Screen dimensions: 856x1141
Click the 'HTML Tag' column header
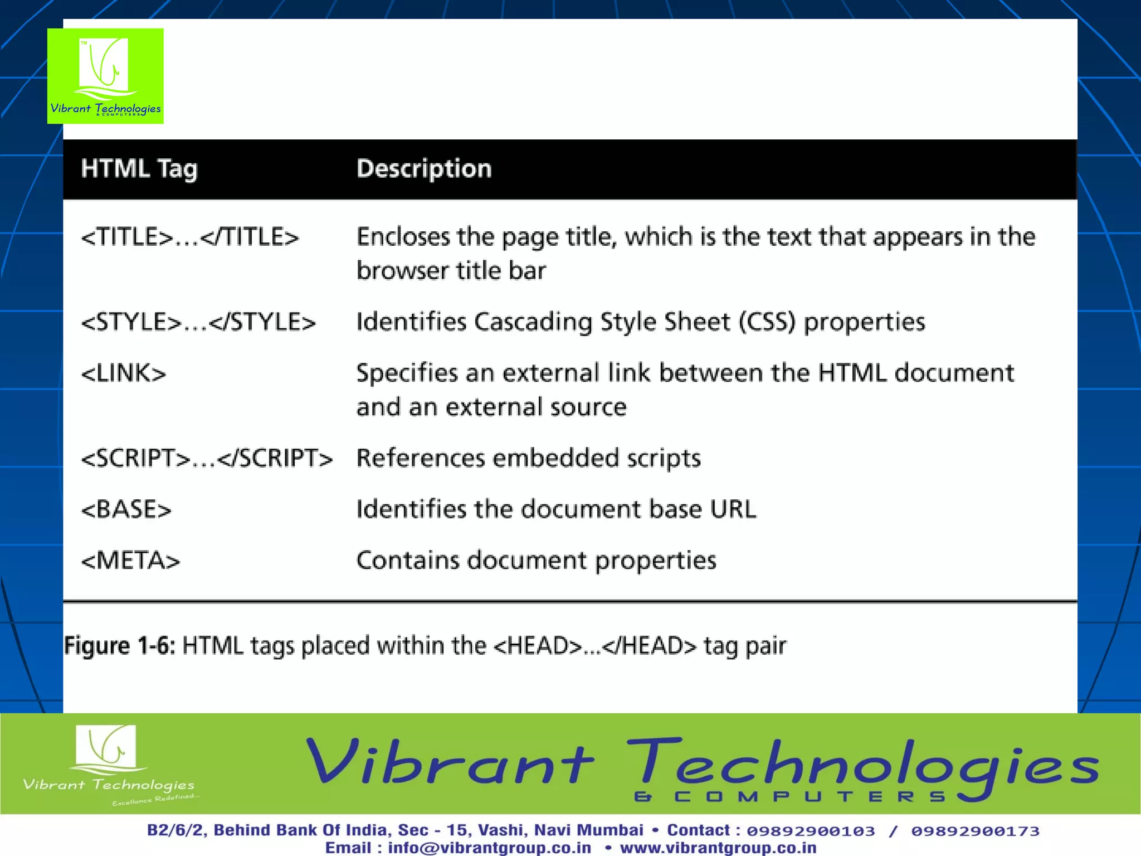[x=139, y=169]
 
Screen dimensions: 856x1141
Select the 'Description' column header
[x=424, y=169]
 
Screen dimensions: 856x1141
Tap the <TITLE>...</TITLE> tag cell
[x=190, y=237]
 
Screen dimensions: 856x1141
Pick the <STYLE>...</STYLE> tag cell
[x=198, y=323]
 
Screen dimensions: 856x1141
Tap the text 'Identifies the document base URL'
[x=556, y=509]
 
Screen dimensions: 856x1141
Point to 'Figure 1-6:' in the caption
[x=120, y=646]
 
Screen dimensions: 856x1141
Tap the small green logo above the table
[x=105, y=76]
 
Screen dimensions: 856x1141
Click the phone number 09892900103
[x=811, y=831]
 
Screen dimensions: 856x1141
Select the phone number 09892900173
[x=975, y=831]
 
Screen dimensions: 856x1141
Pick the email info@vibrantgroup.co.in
[x=489, y=848]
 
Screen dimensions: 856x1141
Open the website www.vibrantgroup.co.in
[x=718, y=848]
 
